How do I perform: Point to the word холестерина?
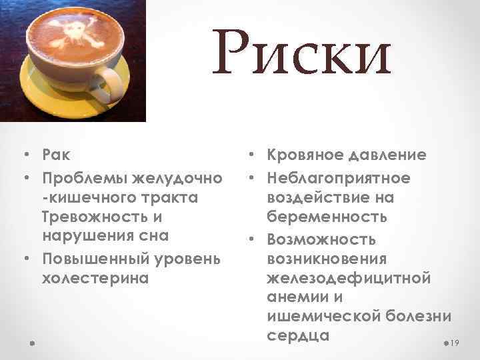tap(96, 277)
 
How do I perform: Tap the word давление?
tap(389, 155)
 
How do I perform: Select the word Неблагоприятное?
tap(339, 179)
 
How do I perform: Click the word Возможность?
tap(321, 238)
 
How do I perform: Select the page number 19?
tap(456, 343)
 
